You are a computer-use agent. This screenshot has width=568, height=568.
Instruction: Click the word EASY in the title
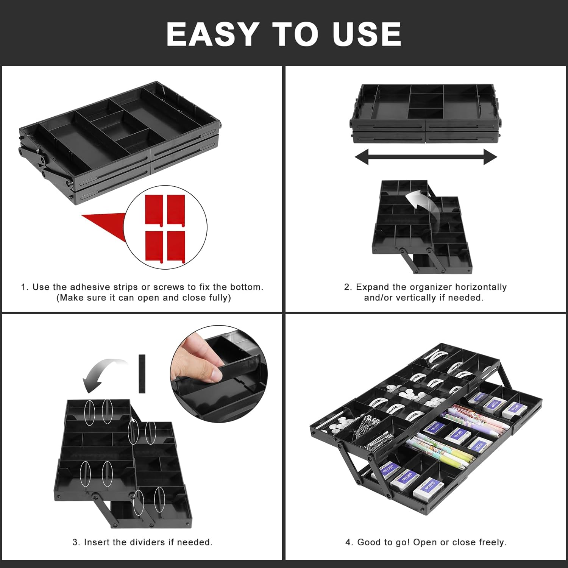click(x=212, y=34)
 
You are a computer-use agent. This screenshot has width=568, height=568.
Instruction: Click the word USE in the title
click(x=367, y=34)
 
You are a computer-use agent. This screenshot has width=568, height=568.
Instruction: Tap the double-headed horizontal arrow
click(x=426, y=157)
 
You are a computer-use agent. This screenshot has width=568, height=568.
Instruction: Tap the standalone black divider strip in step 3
click(x=142, y=374)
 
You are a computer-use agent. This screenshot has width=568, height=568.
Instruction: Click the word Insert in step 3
click(x=97, y=542)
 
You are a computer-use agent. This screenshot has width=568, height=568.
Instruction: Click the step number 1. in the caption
click(x=25, y=287)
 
